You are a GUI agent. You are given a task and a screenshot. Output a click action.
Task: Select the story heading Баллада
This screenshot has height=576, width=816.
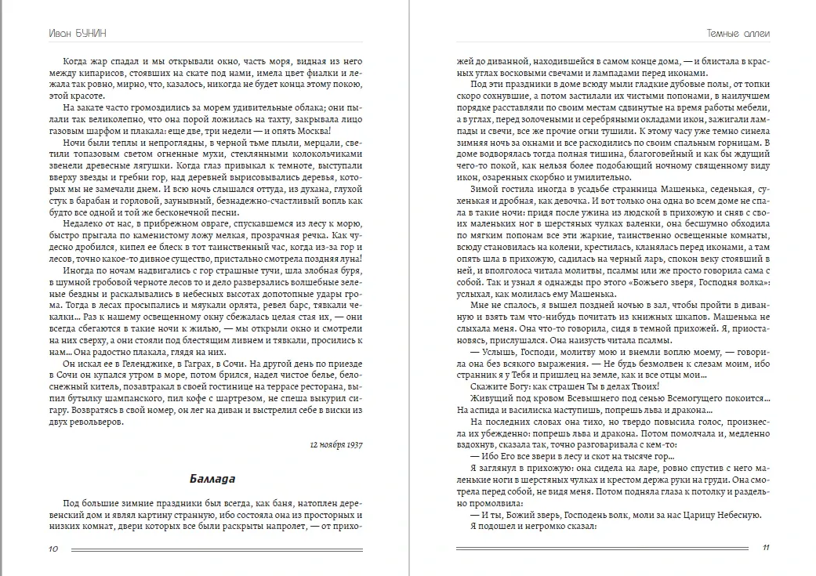tap(212, 479)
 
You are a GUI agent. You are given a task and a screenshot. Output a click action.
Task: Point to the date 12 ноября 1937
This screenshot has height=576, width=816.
tap(330, 446)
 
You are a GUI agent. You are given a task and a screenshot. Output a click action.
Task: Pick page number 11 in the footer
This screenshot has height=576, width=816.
tap(766, 549)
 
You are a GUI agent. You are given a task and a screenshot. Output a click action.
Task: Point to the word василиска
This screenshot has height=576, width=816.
tap(546, 409)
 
